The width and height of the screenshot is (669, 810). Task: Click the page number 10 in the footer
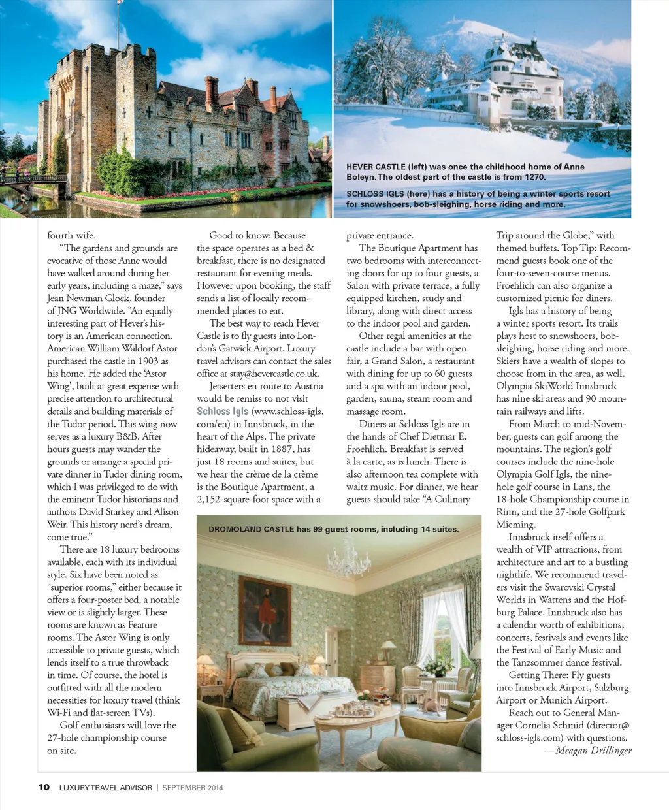[x=44, y=787]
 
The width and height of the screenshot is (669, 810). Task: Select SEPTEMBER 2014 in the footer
[x=193, y=788]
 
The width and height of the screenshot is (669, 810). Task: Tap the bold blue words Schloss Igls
[x=222, y=411]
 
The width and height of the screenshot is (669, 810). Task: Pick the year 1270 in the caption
[x=535, y=177]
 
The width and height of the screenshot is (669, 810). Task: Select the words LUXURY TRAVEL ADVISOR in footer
[x=106, y=788]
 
